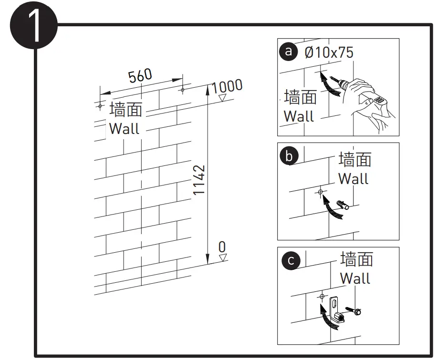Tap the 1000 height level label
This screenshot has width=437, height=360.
(227, 87)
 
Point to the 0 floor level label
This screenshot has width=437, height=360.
(222, 247)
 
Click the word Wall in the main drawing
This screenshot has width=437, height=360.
(124, 129)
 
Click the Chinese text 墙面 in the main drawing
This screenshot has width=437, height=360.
(126, 110)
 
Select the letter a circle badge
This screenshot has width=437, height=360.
(288, 51)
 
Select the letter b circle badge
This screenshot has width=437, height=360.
(290, 156)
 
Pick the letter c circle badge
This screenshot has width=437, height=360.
(291, 261)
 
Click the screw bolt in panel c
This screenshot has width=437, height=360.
(355, 310)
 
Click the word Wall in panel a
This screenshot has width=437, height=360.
(299, 116)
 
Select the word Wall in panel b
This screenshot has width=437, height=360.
(354, 179)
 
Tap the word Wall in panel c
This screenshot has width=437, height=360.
(355, 278)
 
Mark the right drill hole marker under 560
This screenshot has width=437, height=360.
(182, 89)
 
